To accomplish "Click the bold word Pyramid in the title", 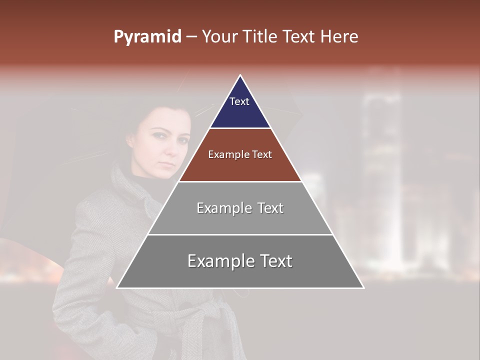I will pos(147,37).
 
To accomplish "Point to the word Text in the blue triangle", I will pos(239,101).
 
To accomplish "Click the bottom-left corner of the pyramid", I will pos(117,287).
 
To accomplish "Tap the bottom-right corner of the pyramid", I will pos(363,287).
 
